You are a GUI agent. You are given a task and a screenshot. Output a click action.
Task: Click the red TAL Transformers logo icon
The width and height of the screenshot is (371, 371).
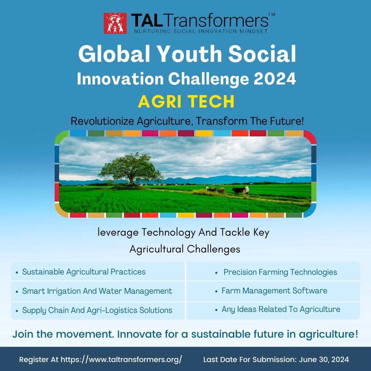coord(115,23)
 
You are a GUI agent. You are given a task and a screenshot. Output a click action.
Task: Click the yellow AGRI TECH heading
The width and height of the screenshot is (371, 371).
coord(186,102)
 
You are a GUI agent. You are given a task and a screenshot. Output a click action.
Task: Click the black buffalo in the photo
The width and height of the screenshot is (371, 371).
coord(238,190)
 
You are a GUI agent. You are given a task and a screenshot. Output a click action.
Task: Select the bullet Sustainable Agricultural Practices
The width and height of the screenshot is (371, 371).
coord(84,272)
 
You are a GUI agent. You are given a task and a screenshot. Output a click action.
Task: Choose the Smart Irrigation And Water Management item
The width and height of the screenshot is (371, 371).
coord(97,291)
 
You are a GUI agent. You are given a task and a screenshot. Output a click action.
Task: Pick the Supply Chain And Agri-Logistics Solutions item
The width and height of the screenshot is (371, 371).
coord(97,310)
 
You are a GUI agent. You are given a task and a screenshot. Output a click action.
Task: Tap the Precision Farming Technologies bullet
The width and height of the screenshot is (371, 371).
coord(280,272)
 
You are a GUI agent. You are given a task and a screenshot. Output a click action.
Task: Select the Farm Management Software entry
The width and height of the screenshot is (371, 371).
coord(274,291)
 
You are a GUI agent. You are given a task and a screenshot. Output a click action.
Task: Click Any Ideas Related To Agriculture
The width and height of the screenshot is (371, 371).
coord(281,309)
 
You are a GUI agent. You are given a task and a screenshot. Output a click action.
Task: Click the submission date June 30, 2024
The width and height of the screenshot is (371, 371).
coord(324,360)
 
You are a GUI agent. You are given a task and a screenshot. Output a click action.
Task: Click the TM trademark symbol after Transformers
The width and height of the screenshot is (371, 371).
coord(271,15)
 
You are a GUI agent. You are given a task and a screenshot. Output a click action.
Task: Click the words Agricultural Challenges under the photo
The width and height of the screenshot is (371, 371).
coord(185,249)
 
